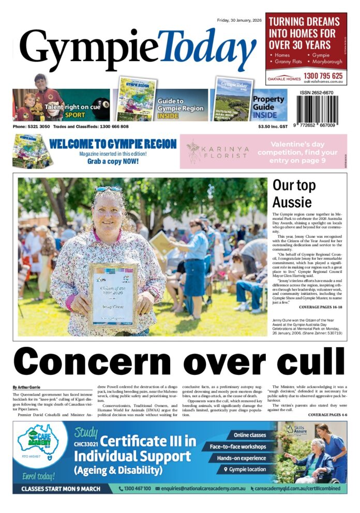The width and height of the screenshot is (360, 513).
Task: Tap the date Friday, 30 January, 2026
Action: (x=239, y=20)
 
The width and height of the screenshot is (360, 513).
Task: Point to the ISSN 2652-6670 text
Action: (x=316, y=93)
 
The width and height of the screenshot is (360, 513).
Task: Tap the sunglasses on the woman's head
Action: (x=109, y=189)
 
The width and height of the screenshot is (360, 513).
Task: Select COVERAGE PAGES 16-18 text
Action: (x=321, y=307)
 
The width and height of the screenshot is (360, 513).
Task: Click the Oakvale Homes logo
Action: (x=284, y=79)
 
